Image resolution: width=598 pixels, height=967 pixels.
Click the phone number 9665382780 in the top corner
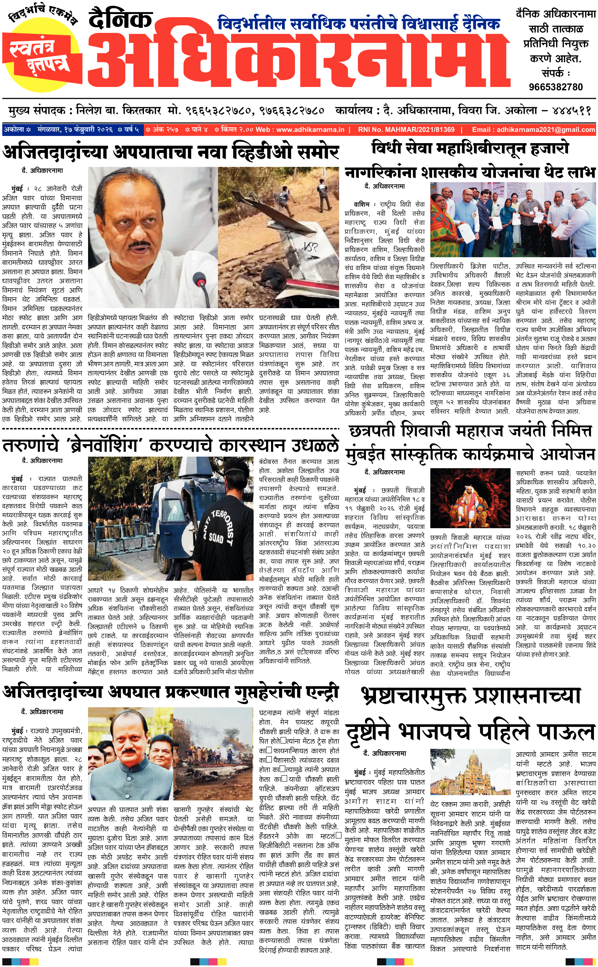pos(556,87)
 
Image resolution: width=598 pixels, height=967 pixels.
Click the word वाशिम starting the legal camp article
pos(361,204)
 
